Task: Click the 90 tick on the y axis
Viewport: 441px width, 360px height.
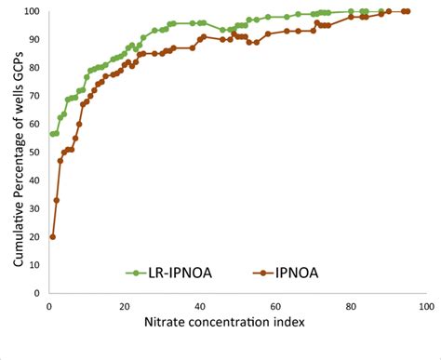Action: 34,39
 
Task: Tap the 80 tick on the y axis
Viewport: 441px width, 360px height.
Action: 34,68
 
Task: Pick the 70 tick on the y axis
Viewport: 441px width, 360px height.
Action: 34,96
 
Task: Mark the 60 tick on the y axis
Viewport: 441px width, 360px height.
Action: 34,124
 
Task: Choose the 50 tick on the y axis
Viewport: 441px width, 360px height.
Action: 34,152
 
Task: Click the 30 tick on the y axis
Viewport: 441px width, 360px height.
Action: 34,208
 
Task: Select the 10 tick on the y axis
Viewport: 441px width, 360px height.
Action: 34,265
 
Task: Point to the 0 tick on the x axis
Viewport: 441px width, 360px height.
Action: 48,304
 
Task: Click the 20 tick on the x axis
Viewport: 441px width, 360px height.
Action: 124,304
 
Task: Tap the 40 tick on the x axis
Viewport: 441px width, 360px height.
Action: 199,304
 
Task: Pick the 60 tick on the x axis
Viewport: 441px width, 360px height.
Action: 274,304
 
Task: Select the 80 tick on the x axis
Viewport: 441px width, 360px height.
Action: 350,304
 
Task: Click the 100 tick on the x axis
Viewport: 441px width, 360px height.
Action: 425,304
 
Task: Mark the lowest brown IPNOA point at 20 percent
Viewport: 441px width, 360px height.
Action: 52,236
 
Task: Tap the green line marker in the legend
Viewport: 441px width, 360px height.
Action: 136,273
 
